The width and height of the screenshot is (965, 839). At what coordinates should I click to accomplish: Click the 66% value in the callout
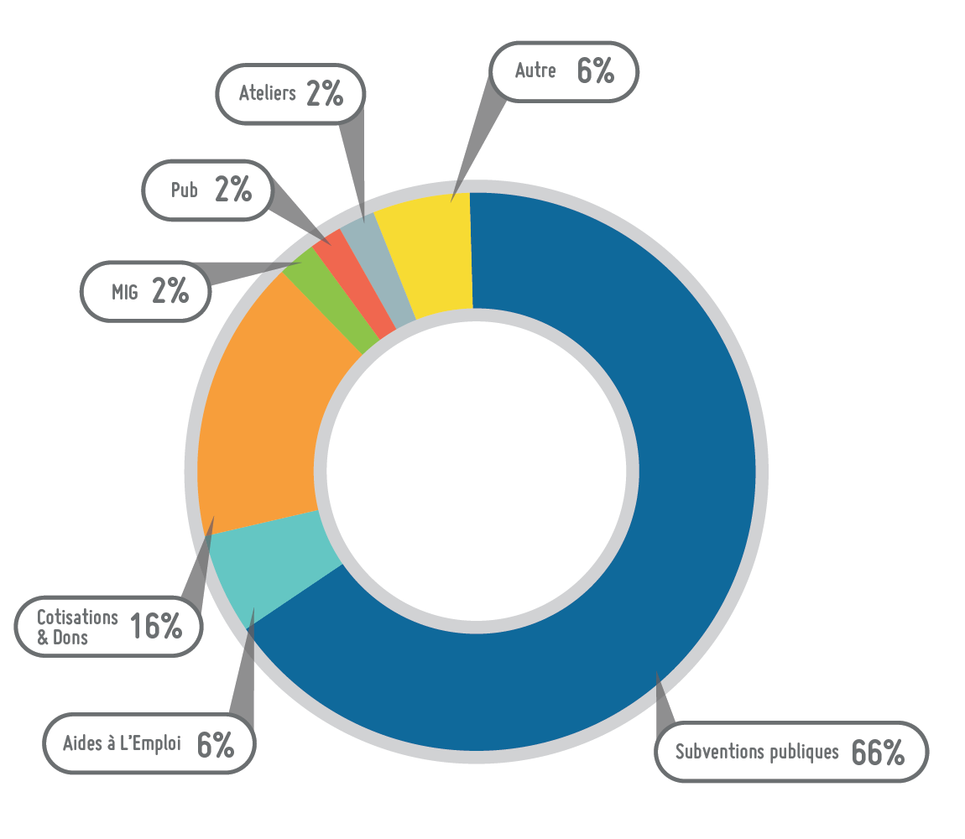[878, 753]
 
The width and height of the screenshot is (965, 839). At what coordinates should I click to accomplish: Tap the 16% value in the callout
[156, 626]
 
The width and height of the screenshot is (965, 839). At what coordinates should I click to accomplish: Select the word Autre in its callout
[535, 70]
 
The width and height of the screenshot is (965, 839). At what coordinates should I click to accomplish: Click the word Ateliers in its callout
[268, 92]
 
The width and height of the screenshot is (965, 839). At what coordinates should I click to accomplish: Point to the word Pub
[184, 190]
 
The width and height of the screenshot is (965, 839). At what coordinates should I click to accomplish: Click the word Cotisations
[77, 617]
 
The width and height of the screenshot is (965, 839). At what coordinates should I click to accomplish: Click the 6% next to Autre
[596, 71]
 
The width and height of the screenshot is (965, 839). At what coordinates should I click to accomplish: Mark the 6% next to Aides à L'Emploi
[216, 744]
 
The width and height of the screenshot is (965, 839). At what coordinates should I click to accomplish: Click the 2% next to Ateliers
[325, 93]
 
